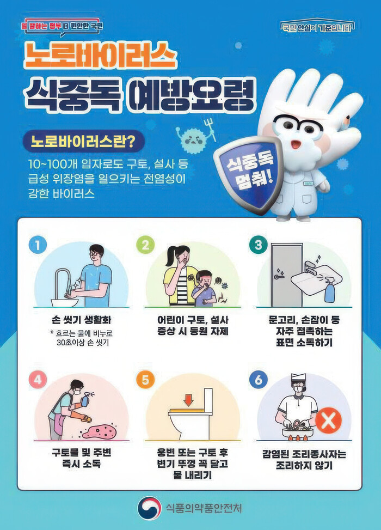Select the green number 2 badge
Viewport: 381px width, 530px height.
point(145,245)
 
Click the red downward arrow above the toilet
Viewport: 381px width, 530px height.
point(188,400)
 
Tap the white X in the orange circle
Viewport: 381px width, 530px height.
point(328,421)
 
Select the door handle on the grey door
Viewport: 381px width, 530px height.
point(279,277)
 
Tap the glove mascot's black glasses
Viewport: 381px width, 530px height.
point(298,126)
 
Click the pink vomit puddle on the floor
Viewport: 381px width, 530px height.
point(100,431)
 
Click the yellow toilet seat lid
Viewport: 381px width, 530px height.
point(187,411)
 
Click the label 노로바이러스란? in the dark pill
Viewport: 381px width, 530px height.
point(83,141)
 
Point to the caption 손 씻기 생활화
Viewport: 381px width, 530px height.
point(82,320)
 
